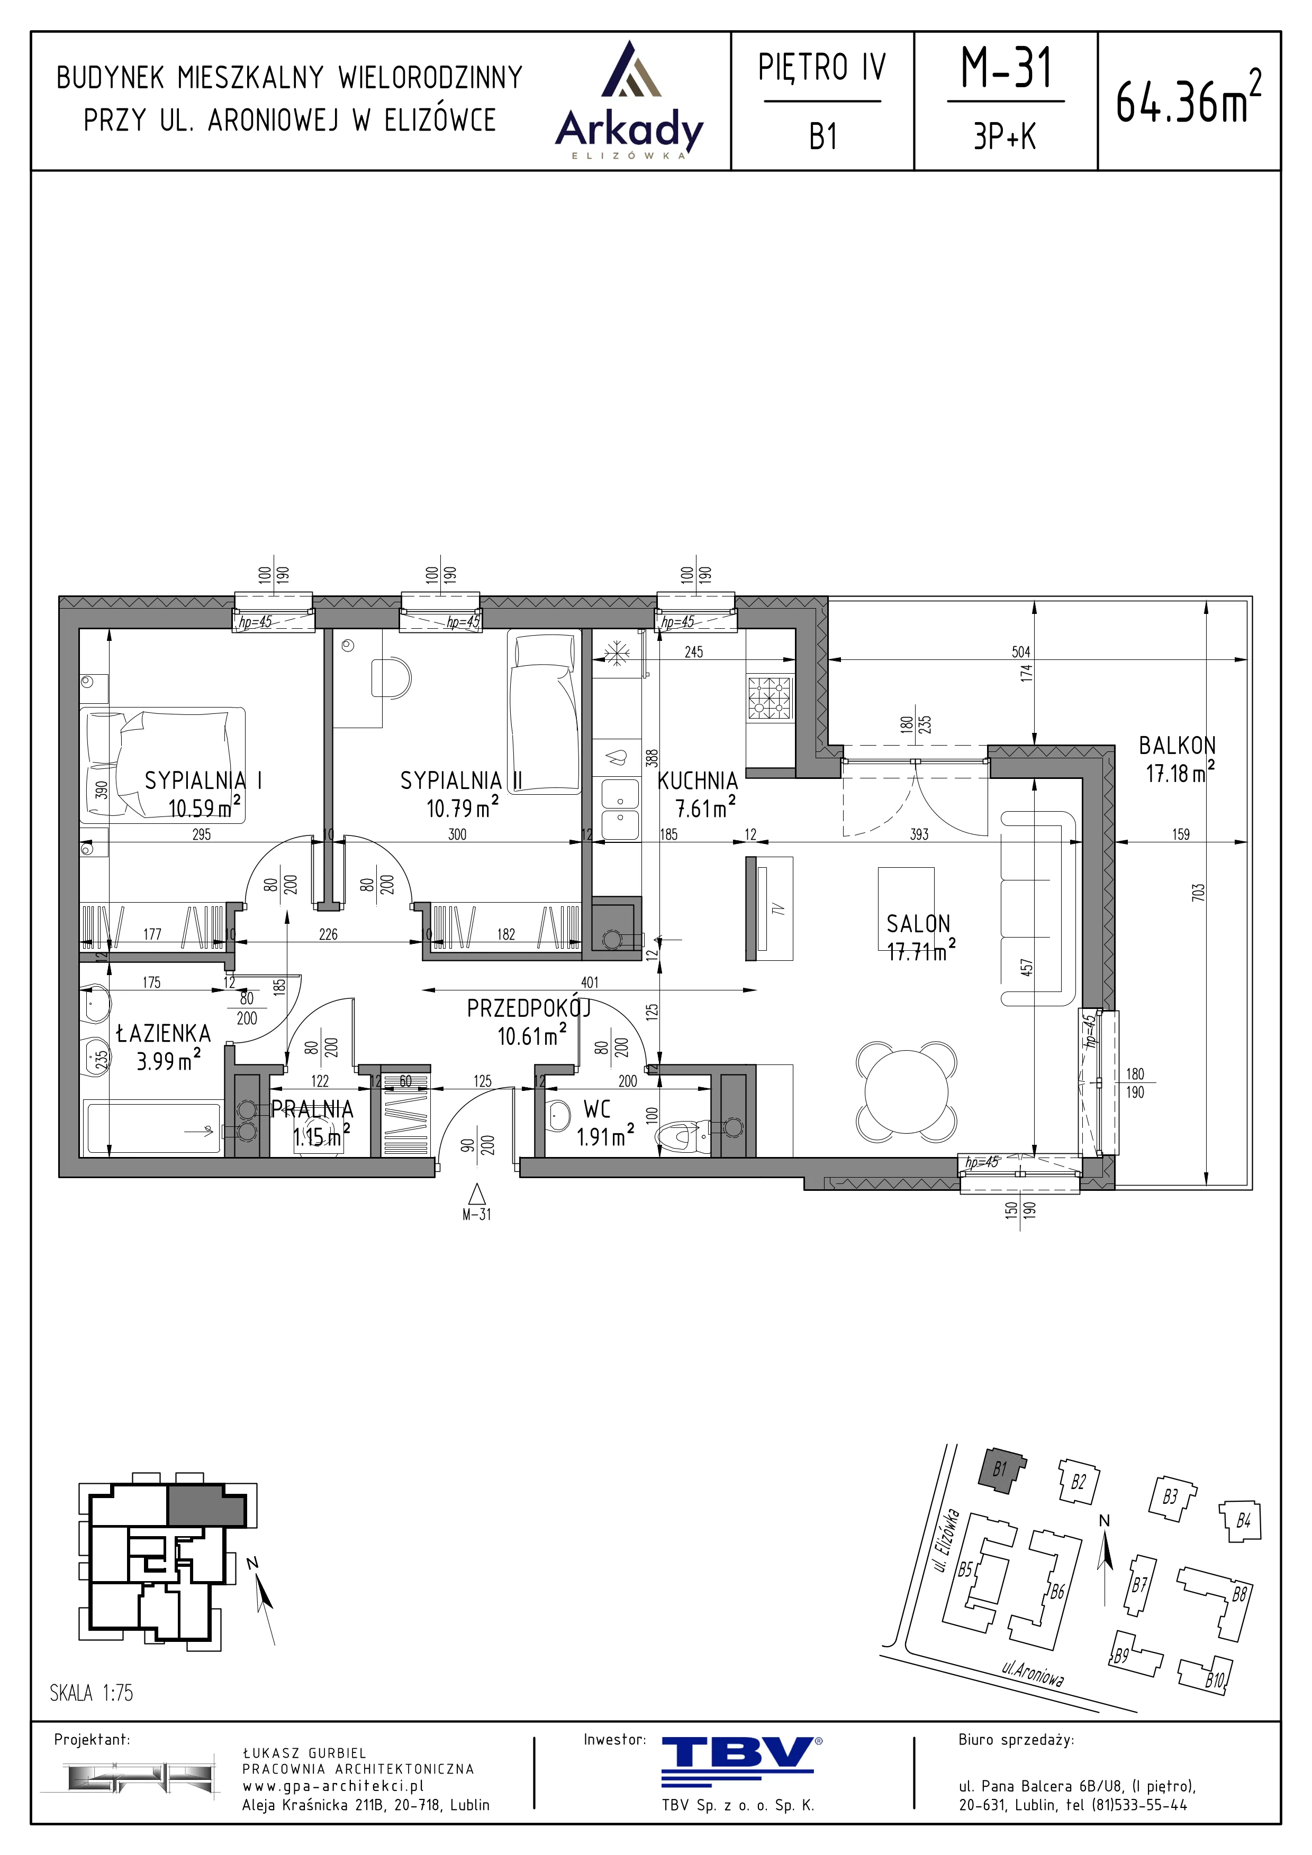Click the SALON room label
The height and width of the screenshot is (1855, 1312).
pyautogui.click(x=918, y=923)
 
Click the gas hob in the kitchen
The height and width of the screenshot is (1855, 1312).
pyautogui.click(x=769, y=698)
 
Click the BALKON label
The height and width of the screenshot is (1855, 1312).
pyautogui.click(x=1177, y=746)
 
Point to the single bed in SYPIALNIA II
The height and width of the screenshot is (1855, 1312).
pyautogui.click(x=544, y=713)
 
